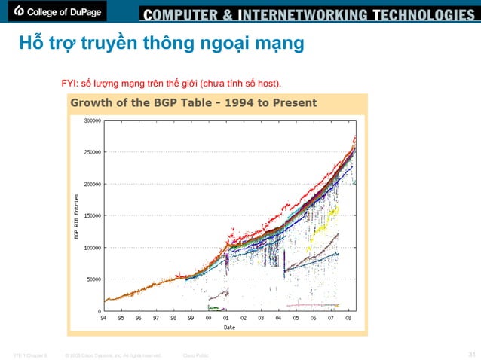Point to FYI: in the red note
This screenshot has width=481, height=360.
[69, 82]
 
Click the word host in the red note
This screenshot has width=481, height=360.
[278, 82]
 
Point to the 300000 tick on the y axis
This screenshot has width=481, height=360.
[93, 120]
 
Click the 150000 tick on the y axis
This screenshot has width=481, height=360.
[93, 215]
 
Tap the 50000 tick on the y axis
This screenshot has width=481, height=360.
[95, 279]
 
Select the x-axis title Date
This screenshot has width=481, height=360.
[228, 326]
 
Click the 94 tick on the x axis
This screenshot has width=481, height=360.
[104, 318]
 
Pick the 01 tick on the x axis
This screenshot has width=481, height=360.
[226, 318]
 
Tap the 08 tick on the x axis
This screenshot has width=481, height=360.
[348, 318]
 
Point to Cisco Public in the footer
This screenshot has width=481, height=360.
[197, 354]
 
